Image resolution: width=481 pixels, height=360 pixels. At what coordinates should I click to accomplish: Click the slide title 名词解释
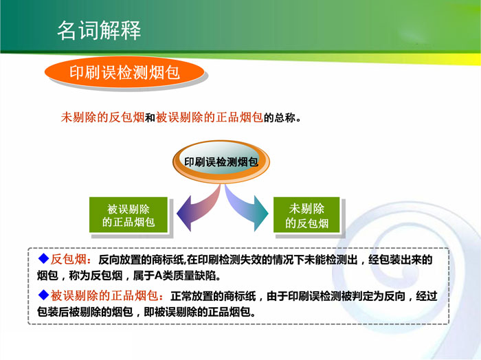tap(99, 30)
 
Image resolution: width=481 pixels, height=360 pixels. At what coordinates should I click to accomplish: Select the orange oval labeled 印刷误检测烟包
tap(124, 72)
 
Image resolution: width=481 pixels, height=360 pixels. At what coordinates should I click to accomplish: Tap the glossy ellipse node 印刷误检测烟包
tap(221, 162)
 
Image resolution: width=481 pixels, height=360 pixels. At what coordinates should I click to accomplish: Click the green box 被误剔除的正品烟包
tap(128, 215)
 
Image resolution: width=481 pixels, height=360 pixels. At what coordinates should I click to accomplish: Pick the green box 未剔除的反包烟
tap(306, 215)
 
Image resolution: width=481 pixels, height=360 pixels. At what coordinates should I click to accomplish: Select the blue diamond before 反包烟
tap(43, 258)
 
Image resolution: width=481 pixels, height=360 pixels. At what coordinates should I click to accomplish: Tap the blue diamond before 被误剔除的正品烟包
tap(43, 295)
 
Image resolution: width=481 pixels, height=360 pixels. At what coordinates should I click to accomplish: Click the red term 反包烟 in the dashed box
tap(69, 260)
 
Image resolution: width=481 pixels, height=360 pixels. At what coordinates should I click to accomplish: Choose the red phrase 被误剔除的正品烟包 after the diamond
tap(104, 296)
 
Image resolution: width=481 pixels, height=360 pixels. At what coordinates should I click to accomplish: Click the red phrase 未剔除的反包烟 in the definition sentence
tap(102, 117)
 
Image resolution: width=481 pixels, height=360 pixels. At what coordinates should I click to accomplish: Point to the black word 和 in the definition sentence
tap(150, 117)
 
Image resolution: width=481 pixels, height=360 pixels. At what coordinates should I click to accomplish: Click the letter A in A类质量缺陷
tap(158, 276)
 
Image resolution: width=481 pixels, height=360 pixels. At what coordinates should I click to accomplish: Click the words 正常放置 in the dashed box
tap(192, 296)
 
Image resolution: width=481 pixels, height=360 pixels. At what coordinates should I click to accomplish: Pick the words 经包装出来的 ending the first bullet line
tap(401, 260)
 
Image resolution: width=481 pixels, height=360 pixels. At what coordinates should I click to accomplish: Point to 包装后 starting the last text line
tap(53, 312)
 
